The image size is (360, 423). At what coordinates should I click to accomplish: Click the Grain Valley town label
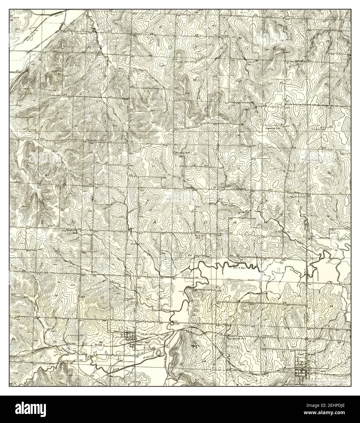(140, 334)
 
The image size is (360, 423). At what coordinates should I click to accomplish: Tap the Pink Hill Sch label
(199, 236)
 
